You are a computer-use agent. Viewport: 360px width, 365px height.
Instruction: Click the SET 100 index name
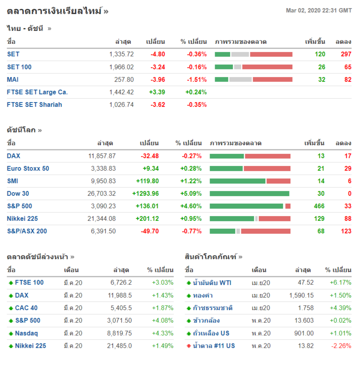tap(19, 67)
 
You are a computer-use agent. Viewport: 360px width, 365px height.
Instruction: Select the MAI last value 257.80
tap(125, 80)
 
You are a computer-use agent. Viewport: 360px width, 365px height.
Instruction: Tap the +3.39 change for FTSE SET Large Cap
tap(157, 92)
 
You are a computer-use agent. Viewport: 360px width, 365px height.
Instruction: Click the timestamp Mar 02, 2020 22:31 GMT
tap(318, 11)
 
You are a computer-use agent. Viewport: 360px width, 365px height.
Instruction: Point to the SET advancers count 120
tap(320, 54)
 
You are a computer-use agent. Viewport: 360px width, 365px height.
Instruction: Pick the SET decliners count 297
tap(346, 54)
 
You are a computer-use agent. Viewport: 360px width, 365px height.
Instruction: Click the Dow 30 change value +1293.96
tap(145, 193)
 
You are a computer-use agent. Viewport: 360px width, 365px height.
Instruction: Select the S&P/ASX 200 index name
tap(27, 231)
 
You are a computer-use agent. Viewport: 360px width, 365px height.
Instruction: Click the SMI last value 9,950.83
tap(103, 181)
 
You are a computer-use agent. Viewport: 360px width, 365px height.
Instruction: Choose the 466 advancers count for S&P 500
tap(319, 206)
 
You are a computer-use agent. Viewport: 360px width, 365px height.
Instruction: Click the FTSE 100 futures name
tap(29, 282)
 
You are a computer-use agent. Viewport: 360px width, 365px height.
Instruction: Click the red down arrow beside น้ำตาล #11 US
tap(189, 346)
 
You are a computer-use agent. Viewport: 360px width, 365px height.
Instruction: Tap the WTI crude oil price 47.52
tap(306, 282)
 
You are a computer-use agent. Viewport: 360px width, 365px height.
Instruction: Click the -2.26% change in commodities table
tap(341, 346)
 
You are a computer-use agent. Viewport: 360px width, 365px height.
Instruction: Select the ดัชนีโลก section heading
tap(22, 130)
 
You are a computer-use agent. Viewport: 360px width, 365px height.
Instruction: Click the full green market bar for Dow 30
tap(250, 193)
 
